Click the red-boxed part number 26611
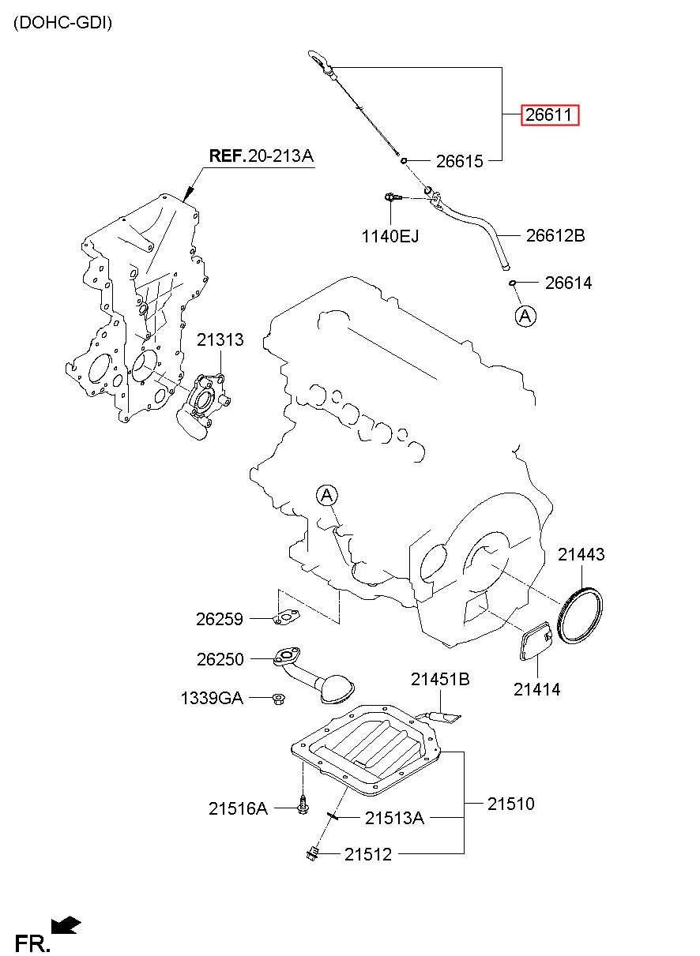tap(549, 115)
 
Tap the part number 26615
tap(459, 161)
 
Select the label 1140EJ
tap(390, 235)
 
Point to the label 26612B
tap(555, 235)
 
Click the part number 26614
tap(568, 283)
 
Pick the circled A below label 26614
tap(525, 316)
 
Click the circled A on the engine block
tap(327, 496)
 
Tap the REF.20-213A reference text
tap(261, 156)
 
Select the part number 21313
tap(220, 340)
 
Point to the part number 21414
tap(536, 689)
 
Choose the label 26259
tap(220, 620)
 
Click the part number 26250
tap(220, 658)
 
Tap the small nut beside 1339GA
tap(278, 698)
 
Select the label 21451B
tap(439, 679)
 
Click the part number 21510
tap(510, 804)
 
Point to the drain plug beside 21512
tap(312, 852)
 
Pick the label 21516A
tap(238, 808)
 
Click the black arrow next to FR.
tap(66, 925)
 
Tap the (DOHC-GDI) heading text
tap(63, 23)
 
